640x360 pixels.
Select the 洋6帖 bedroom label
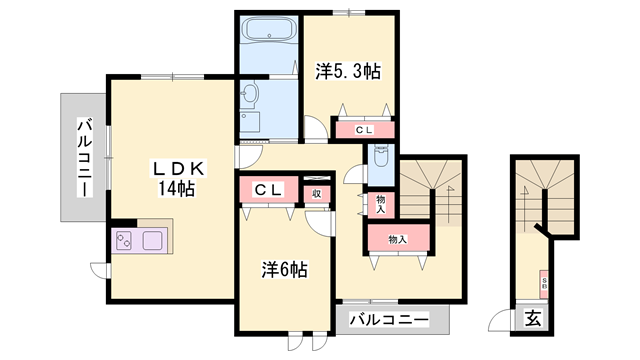click(x=284, y=270)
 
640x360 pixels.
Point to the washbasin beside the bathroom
click(x=250, y=96)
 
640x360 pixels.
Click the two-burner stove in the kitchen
click(x=127, y=242)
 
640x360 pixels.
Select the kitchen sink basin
click(x=157, y=242)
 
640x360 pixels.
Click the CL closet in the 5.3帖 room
click(x=363, y=129)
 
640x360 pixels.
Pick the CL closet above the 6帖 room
click(x=267, y=189)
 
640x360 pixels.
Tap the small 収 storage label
click(x=316, y=193)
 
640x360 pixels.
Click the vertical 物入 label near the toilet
click(x=381, y=204)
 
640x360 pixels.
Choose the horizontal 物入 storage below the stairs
click(x=397, y=239)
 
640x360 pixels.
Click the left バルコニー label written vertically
click(x=85, y=157)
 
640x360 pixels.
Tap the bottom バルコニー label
click(x=389, y=321)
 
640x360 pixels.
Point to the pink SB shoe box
click(x=545, y=281)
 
